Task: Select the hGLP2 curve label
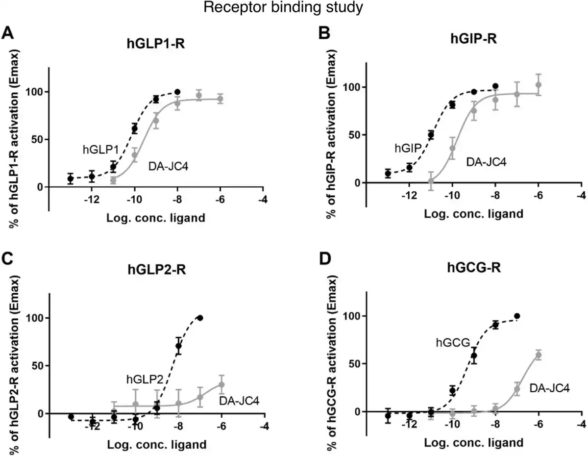pos(146,378)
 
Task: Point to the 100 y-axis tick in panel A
pos(34,92)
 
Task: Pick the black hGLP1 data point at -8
pos(177,92)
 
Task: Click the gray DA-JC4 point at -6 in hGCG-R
pos(539,355)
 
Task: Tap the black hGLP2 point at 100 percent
pos(200,318)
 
